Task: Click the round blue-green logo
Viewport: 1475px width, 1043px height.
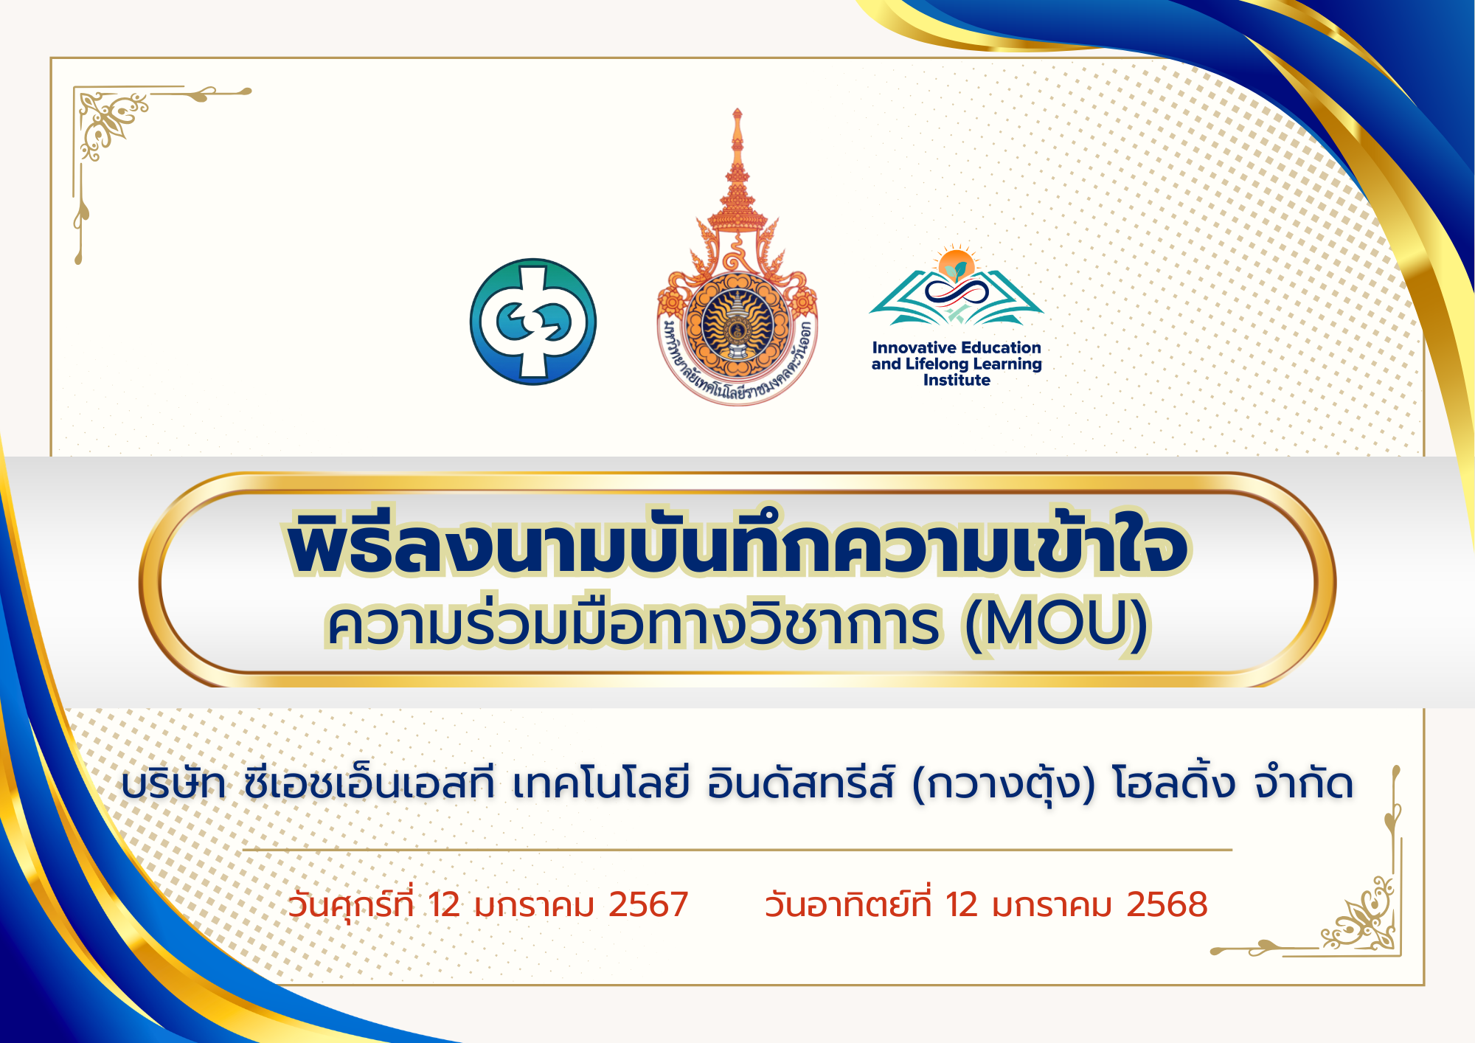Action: point(533,322)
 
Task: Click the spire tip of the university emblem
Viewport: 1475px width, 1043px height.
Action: point(737,111)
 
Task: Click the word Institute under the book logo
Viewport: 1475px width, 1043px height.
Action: point(957,380)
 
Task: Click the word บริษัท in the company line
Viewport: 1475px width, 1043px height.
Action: point(174,783)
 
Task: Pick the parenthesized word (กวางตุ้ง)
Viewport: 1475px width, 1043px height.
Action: point(1004,785)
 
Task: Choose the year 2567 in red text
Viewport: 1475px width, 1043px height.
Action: point(648,904)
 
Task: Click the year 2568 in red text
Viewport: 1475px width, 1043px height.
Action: point(1167,904)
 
